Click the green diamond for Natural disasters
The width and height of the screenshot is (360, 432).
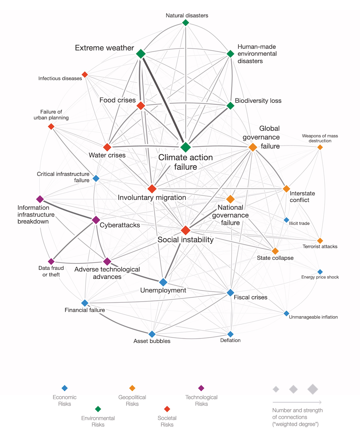185,22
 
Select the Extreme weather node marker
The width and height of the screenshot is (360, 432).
141,54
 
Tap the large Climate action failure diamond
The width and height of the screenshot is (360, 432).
186,147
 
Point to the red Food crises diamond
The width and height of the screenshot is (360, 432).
141,106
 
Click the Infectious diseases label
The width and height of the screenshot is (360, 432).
60,78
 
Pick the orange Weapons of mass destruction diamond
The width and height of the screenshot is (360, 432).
320,147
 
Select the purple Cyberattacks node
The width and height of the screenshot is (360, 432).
96,220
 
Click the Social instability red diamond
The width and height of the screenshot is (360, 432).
186,230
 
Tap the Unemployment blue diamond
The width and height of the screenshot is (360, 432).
163,282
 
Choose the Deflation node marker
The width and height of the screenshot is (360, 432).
230,334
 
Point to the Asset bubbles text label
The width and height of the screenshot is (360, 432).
152,341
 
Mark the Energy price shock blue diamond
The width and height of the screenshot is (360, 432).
320,272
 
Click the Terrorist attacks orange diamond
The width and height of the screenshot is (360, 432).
320,241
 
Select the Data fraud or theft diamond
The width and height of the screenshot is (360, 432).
51,261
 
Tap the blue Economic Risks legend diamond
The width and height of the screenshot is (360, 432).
64,388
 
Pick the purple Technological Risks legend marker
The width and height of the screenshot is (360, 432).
201,388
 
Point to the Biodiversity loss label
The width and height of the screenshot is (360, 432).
258,101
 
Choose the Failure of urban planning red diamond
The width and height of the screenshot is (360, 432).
51,126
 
